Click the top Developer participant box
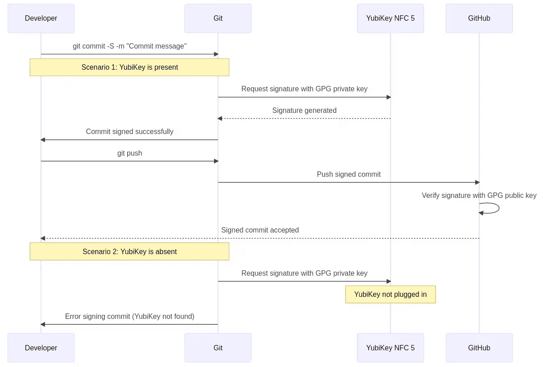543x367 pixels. [41, 18]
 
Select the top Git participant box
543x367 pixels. [218, 18]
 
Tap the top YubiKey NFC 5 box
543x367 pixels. [390, 18]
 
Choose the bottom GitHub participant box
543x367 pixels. [479, 348]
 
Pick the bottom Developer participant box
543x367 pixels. [41, 348]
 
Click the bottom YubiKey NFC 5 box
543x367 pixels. [390, 348]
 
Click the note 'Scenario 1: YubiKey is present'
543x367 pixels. [129, 67]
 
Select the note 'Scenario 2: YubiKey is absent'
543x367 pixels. [129, 251]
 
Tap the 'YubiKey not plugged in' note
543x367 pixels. [390, 295]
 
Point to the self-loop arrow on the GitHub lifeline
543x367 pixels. [499, 208]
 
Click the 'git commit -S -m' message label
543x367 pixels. [130, 46]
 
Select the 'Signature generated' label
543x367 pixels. [304, 110]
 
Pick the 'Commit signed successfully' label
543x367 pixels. [130, 131]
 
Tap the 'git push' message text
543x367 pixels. [130, 153]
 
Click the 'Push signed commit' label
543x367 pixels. [348, 174]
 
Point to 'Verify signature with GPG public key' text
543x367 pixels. [479, 195]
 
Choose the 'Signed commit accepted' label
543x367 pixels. [260, 230]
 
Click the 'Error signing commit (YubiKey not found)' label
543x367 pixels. [130, 316]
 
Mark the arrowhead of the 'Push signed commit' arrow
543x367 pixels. [477, 183]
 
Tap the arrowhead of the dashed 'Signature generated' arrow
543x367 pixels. [220, 119]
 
